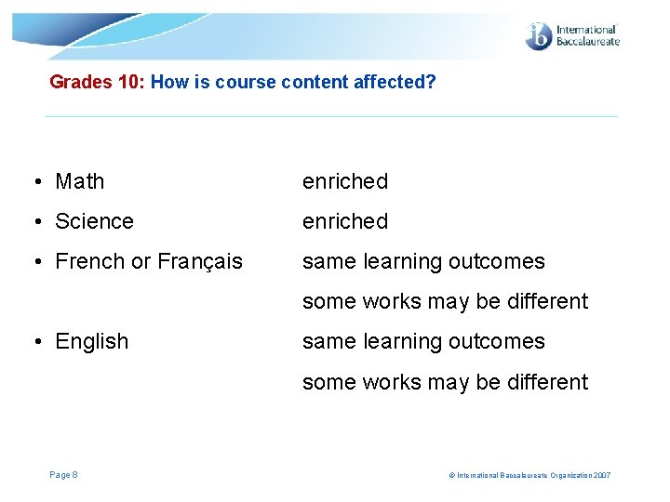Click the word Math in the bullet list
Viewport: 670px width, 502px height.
79,181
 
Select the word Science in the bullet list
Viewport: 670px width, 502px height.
94,221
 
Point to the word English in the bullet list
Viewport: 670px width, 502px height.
91,341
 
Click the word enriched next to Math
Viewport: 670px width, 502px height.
344,181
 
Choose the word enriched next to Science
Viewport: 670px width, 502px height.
344,221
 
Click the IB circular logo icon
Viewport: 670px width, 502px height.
539,36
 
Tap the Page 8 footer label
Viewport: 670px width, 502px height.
63,475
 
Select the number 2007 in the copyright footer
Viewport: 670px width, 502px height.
601,476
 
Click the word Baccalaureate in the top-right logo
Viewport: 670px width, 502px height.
586,42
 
